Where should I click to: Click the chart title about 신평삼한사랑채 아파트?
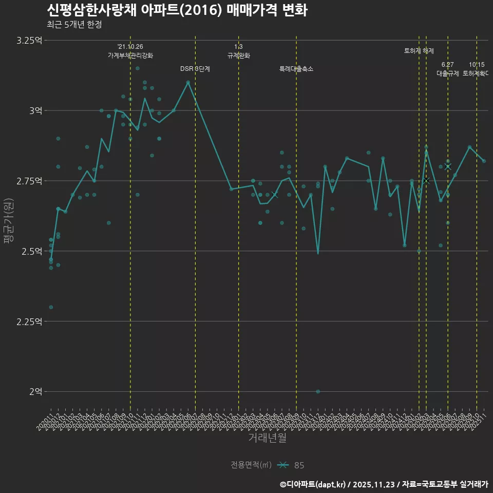tap(177, 10)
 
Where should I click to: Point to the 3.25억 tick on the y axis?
tap(29, 41)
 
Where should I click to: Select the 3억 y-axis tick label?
tap(35, 110)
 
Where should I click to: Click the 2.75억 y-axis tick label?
tap(29, 181)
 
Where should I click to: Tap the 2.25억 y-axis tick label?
tap(29, 321)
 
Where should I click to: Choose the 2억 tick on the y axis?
tap(35, 391)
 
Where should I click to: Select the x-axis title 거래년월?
tap(267, 438)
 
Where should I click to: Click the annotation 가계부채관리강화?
tap(130, 55)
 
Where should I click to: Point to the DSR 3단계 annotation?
tap(195, 69)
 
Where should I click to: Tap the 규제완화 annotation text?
tap(238, 55)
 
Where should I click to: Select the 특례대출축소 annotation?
tap(296, 69)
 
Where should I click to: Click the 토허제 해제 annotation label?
tap(419, 51)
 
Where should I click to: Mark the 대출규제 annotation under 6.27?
tap(448, 73)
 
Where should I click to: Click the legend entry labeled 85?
tap(299, 465)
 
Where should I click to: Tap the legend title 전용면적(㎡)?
tap(251, 465)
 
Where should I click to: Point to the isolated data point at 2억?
tap(318, 391)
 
